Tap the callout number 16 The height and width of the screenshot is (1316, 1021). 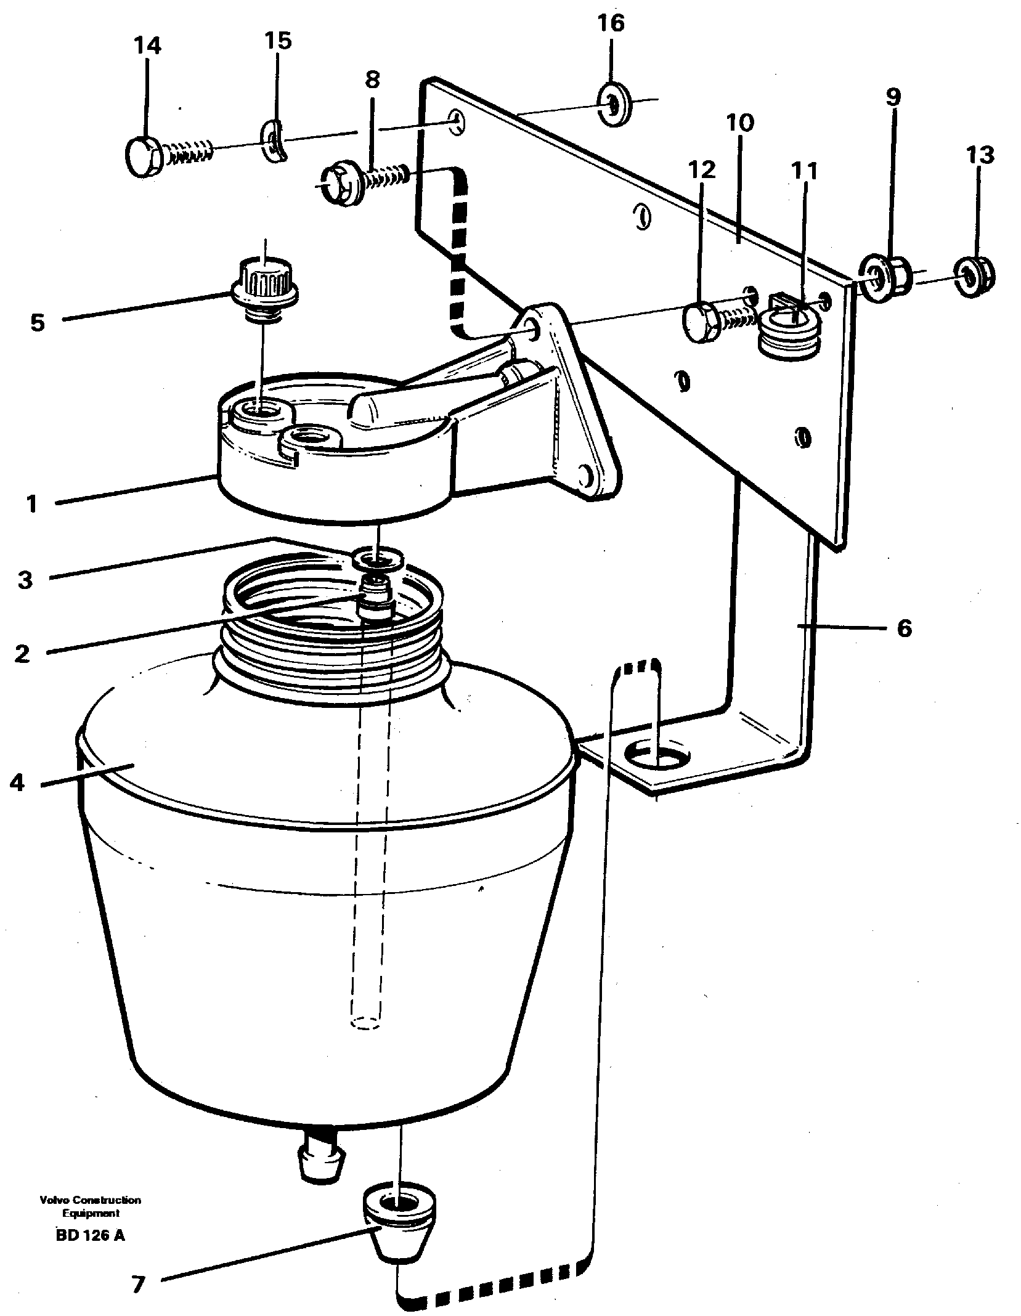point(611,23)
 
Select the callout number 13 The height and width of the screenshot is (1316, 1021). point(980,155)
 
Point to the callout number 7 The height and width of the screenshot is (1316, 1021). point(137,1264)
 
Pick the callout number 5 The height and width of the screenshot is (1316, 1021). point(38,322)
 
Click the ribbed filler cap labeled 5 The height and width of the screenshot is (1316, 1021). point(265,279)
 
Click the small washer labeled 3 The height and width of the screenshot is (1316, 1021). point(377,559)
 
